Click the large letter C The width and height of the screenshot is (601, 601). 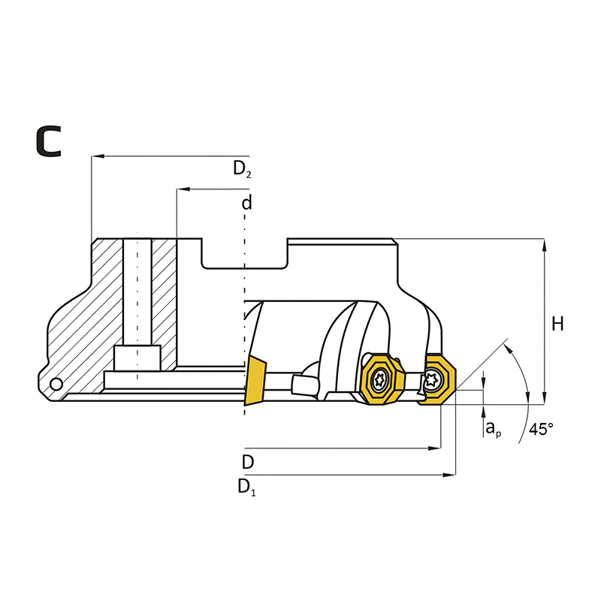coord(49,141)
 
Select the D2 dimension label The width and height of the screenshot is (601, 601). coord(242,168)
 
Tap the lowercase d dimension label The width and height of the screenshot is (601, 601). coord(247,202)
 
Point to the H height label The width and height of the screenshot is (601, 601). coord(557,325)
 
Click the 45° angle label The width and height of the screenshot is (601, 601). coord(541,429)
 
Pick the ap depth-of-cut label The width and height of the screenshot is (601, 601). coord(494,428)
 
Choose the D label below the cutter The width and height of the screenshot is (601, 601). coord(248,462)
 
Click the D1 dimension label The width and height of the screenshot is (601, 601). coord(246,487)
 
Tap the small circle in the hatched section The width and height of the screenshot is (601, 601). coord(56,384)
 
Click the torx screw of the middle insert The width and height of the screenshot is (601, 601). coord(379,380)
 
